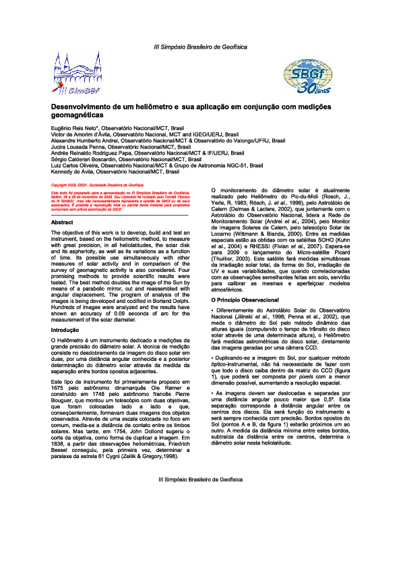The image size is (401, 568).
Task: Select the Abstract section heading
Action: (x=63, y=222)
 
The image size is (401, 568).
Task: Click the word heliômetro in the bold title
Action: (x=154, y=107)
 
